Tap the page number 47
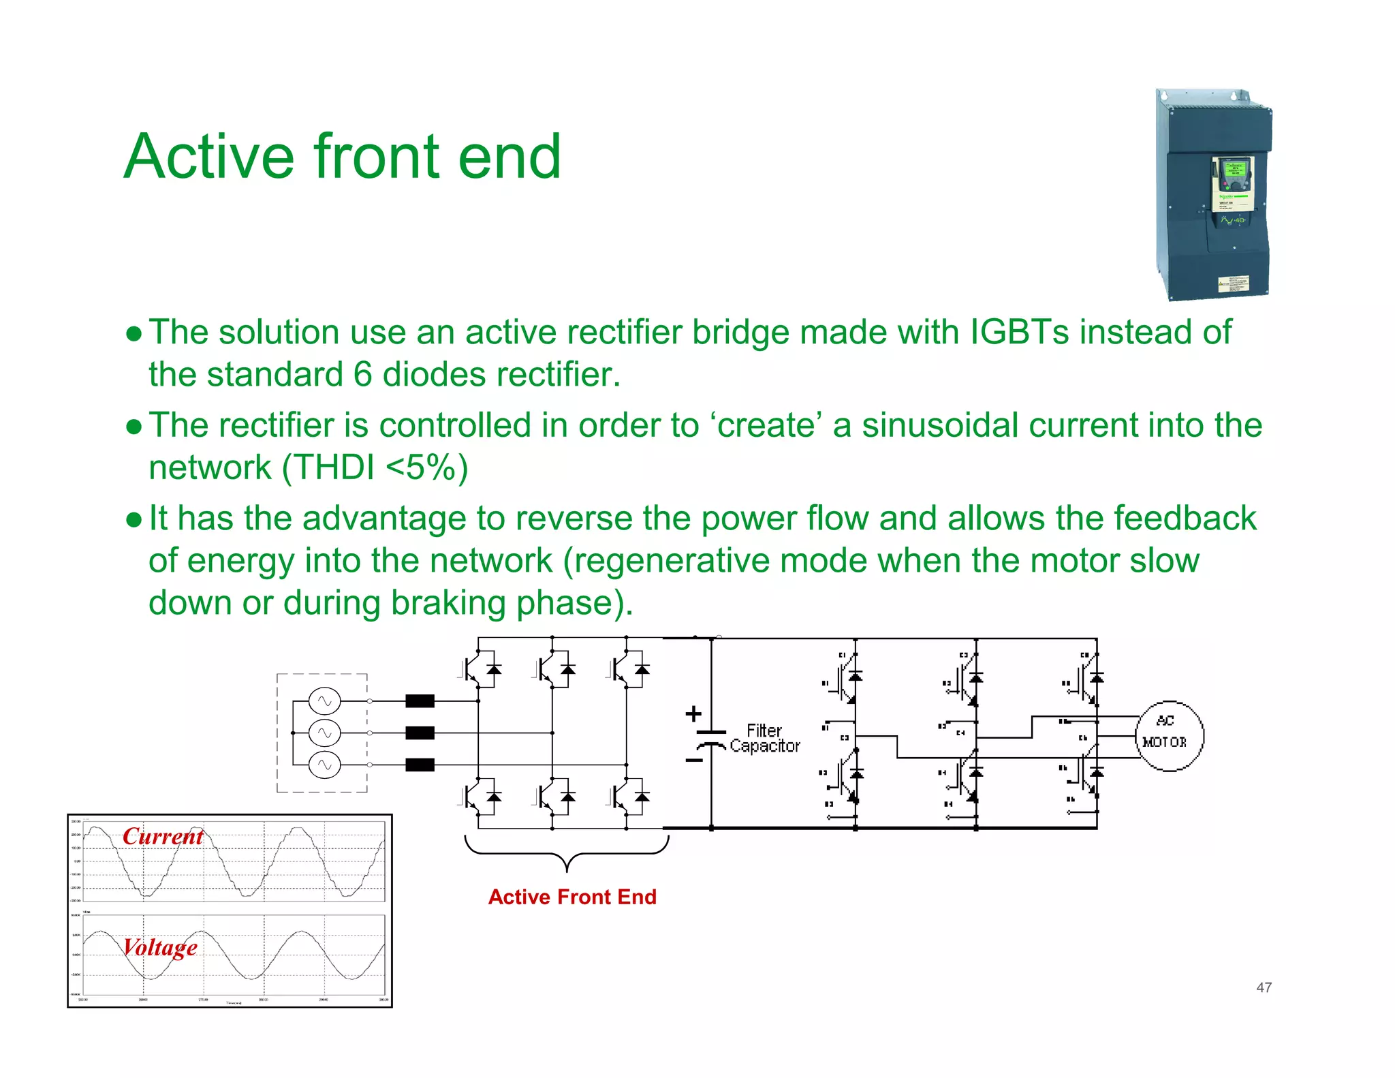pos(1264,987)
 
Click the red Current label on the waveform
pos(163,836)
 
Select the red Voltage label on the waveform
pos(160,947)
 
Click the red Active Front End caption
pos(572,897)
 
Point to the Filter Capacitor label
pos(764,739)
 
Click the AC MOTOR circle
pos(1169,736)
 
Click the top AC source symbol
pos(324,700)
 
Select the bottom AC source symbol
pos(324,765)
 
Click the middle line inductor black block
pos(420,733)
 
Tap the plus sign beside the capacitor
pos(693,713)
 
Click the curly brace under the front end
pos(567,854)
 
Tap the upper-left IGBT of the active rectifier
pos(480,670)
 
